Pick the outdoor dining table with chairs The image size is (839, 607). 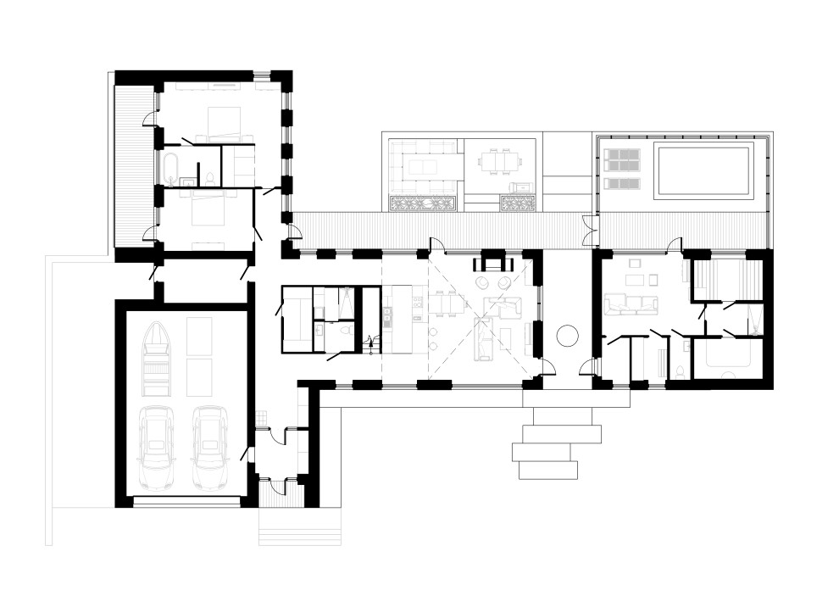click(x=498, y=160)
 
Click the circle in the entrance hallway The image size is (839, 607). click(x=565, y=335)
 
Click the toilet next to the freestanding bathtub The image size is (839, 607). click(x=208, y=179)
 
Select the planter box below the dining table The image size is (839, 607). click(x=517, y=203)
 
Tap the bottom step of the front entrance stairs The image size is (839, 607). click(x=546, y=468)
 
